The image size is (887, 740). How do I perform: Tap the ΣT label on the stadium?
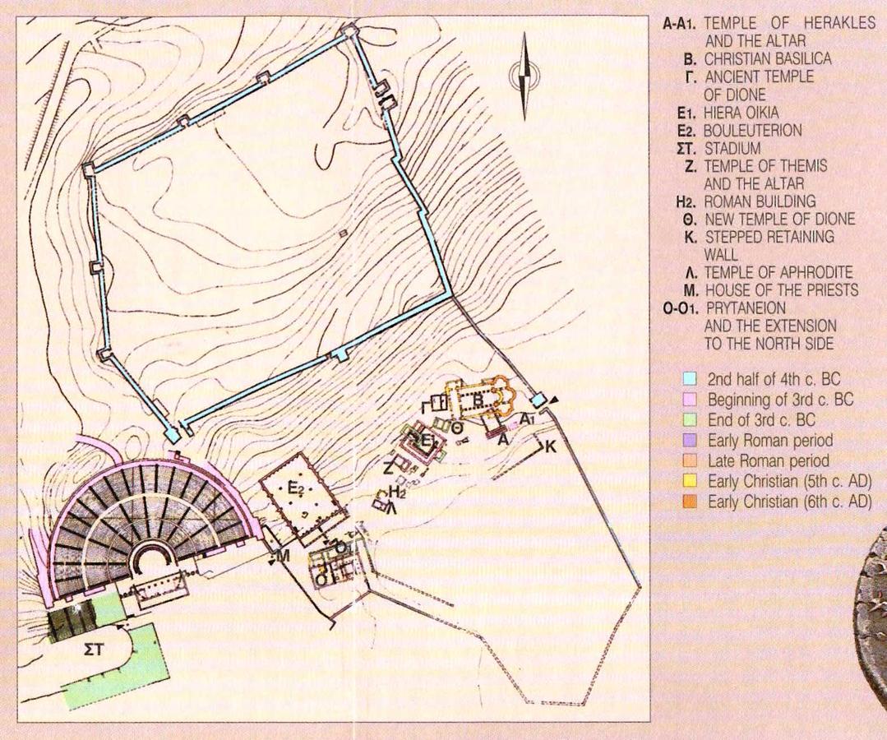(x=95, y=650)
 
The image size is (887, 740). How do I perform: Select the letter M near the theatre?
(x=283, y=557)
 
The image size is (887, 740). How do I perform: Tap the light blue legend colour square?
(x=689, y=378)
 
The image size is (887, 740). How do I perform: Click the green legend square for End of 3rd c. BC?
(x=689, y=420)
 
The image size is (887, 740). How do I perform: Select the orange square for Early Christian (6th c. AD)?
(x=689, y=502)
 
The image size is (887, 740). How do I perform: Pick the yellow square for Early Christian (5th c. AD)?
(x=689, y=482)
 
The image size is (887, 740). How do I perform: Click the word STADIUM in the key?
(x=732, y=149)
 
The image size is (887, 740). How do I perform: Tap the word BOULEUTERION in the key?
(x=752, y=131)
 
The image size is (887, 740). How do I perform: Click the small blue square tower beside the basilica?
(x=538, y=400)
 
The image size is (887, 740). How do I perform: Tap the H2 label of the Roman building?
(x=398, y=493)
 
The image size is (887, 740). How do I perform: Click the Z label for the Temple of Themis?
(x=388, y=469)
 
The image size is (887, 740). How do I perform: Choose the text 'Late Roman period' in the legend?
(x=768, y=461)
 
